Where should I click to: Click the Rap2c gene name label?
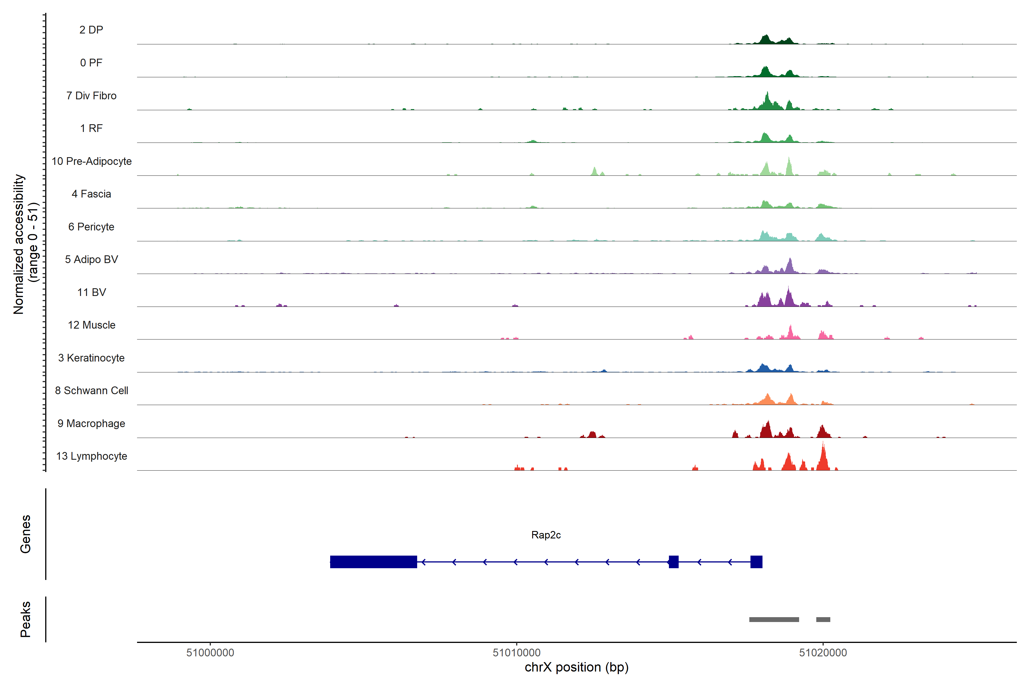point(546,535)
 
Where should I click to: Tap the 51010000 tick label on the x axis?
point(516,653)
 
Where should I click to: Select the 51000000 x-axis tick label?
point(210,653)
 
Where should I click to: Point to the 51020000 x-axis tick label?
point(823,653)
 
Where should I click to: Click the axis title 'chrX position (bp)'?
point(576,667)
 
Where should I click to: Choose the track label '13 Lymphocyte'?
point(92,456)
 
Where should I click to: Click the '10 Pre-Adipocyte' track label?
point(92,161)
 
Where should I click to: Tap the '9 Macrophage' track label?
point(92,424)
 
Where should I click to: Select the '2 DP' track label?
point(92,30)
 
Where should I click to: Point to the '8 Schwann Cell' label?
point(92,391)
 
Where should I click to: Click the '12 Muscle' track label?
point(92,325)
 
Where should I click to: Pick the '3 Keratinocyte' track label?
point(92,358)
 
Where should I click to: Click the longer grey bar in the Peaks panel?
point(774,619)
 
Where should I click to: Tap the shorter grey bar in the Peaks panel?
point(823,619)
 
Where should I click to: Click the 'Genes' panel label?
point(25,534)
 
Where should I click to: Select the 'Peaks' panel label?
point(25,619)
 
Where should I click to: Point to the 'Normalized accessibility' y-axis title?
point(18,244)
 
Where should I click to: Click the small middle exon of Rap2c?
point(674,562)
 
